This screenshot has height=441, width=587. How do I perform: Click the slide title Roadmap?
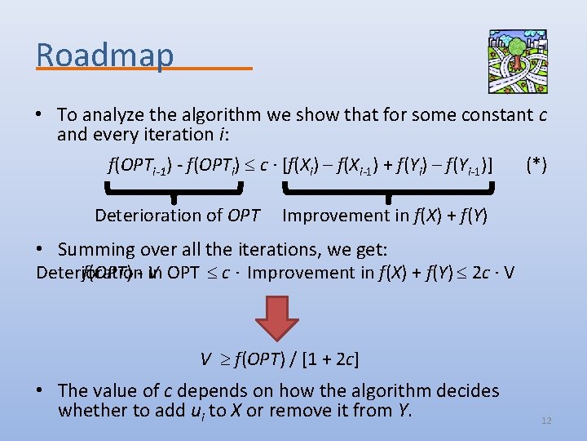105,55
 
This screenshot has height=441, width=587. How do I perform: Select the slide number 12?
546,421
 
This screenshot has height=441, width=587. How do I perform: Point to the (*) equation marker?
536,166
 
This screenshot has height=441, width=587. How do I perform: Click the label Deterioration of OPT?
177,216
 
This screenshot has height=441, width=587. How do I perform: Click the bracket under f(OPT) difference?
174,191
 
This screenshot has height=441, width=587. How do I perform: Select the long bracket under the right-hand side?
389,191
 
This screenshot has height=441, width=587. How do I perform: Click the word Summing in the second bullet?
96,250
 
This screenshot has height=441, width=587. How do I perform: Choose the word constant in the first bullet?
484,114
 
